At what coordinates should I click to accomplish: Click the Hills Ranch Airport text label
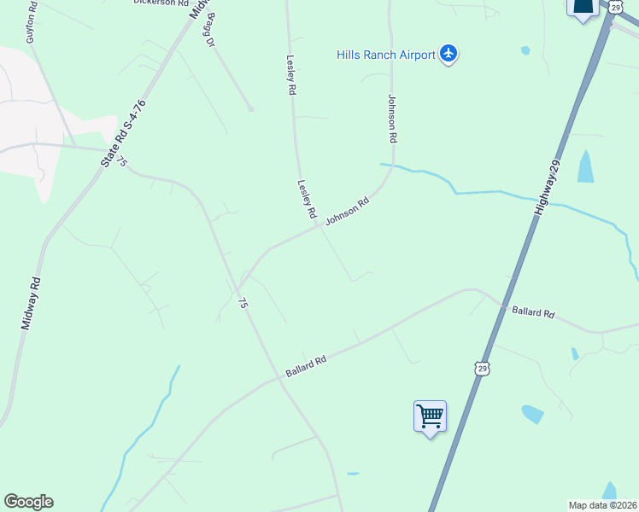(x=386, y=55)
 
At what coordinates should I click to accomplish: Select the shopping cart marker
(x=430, y=417)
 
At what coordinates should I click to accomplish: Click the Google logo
(x=28, y=502)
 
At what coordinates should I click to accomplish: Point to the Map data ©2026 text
(x=603, y=505)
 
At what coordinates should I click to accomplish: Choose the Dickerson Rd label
(x=161, y=3)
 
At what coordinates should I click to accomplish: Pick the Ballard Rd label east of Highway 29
(x=534, y=313)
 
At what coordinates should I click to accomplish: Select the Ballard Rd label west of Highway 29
(x=307, y=367)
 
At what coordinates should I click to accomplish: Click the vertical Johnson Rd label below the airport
(x=393, y=118)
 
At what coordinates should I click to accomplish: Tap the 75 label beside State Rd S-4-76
(x=123, y=160)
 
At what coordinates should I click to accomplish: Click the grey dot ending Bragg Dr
(x=251, y=108)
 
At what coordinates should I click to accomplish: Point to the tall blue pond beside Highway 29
(x=585, y=166)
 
